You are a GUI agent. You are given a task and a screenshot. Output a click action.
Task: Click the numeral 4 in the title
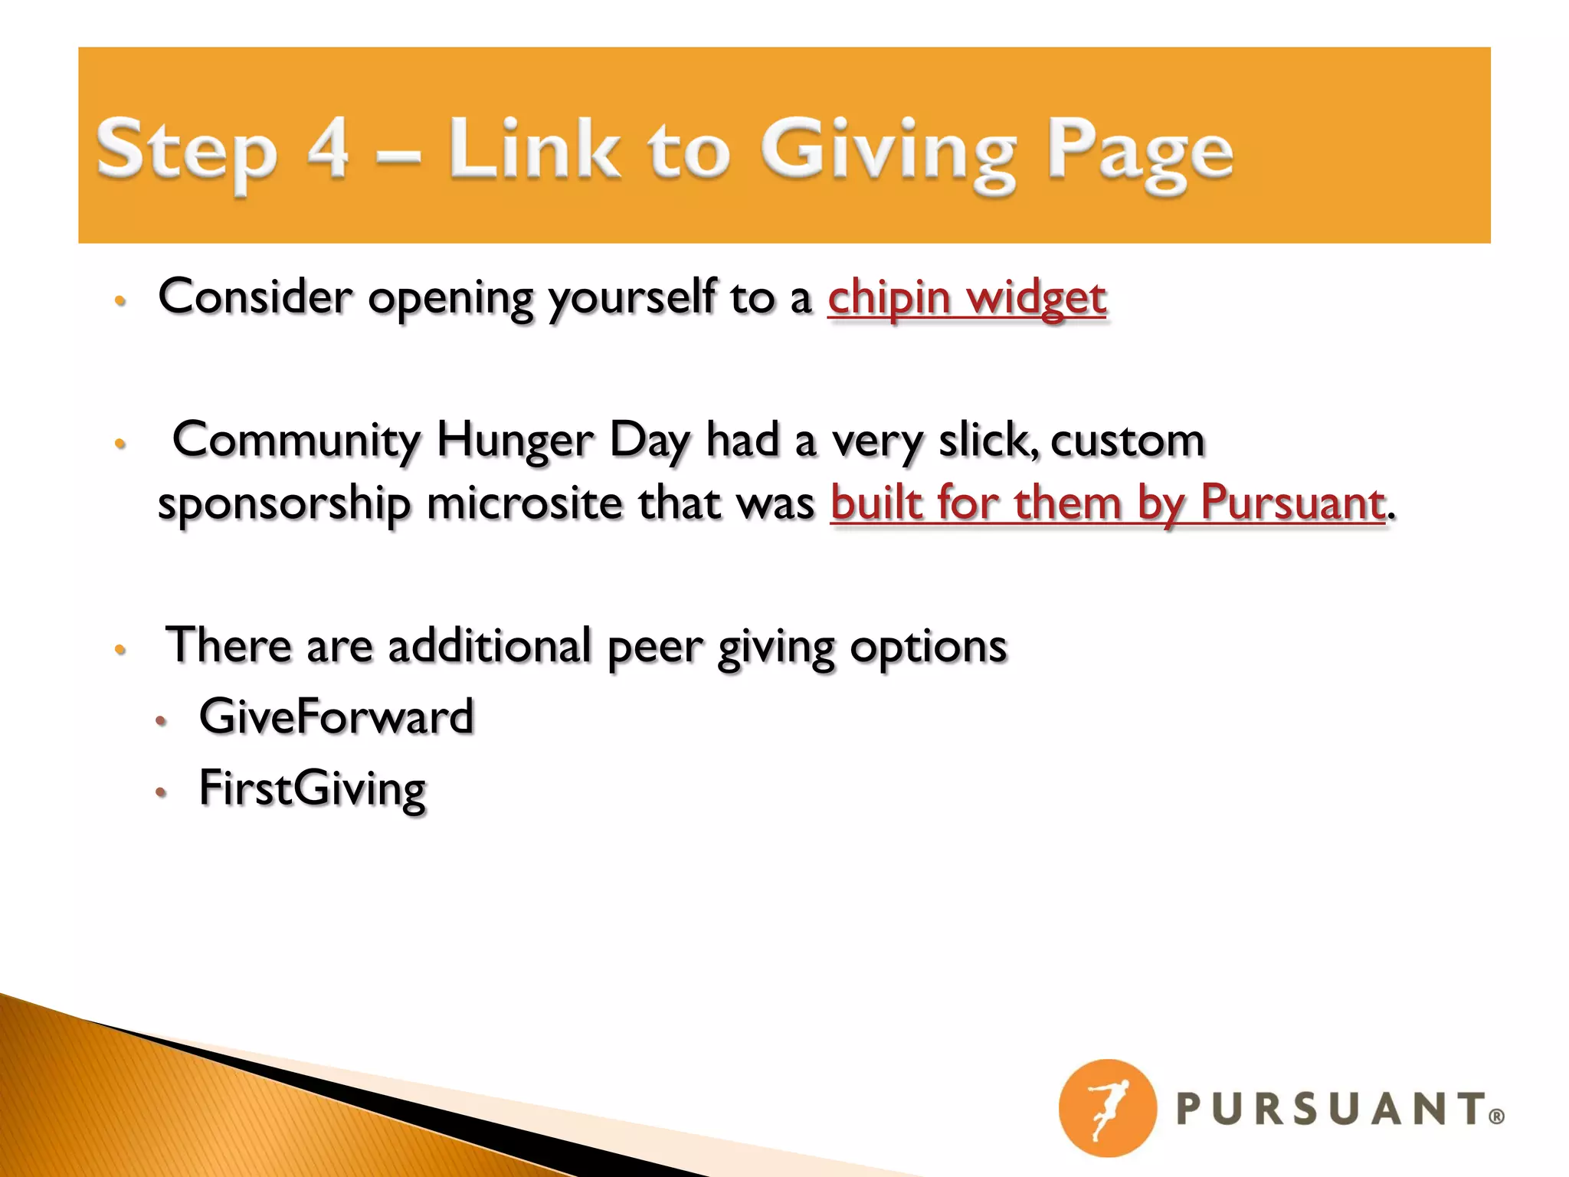click(x=328, y=147)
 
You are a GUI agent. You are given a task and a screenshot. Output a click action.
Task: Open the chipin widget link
click(x=967, y=298)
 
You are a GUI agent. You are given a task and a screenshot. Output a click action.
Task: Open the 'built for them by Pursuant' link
click(x=1108, y=504)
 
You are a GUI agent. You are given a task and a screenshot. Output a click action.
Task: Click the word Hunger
click(x=515, y=441)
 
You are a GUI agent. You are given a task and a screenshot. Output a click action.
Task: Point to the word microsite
click(x=524, y=504)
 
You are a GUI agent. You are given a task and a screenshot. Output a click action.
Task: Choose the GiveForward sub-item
click(x=336, y=717)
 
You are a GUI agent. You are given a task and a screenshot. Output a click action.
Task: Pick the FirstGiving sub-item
click(x=312, y=789)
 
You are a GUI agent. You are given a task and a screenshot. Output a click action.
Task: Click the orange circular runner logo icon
click(x=1107, y=1107)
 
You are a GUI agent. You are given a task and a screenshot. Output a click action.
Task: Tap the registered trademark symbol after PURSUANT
click(x=1496, y=1116)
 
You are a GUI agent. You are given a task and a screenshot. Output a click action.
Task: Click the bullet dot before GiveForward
click(x=161, y=720)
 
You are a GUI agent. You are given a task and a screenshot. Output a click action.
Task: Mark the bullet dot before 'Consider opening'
click(x=120, y=300)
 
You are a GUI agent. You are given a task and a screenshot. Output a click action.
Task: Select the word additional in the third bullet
click(x=490, y=646)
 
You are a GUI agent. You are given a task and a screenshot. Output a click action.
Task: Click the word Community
click(x=296, y=441)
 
